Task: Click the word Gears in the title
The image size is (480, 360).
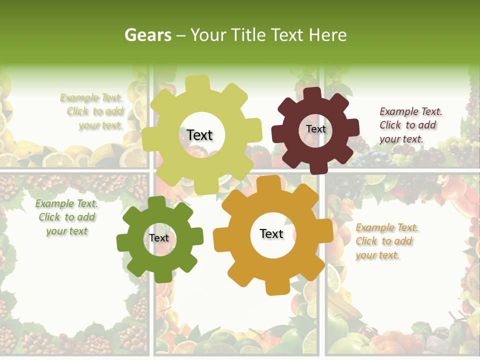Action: [147, 35]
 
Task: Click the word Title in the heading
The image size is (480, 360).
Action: [250, 35]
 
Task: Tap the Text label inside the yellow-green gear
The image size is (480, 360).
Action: [200, 135]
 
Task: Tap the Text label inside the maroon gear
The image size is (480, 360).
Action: [315, 129]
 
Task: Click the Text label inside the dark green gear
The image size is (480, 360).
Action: [159, 238]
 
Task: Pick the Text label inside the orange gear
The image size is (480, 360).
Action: [271, 234]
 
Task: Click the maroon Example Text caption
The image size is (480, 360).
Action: [410, 125]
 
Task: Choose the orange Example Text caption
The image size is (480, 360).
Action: [387, 241]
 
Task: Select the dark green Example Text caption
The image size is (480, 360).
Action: [66, 217]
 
